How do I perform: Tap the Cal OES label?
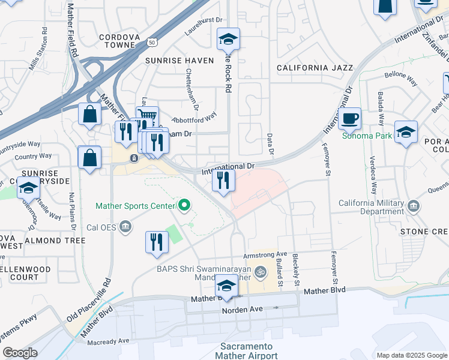coord(100,227)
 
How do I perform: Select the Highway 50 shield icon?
coord(153,43)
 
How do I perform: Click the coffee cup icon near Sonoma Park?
coord(349,118)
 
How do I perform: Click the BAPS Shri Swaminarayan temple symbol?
coord(261,272)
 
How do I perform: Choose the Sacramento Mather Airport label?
coord(246,351)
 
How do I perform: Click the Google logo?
coord(20,353)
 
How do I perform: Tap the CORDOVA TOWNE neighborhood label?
coord(122,41)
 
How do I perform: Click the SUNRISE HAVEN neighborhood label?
coord(179,61)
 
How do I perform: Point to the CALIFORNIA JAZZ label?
coord(315,68)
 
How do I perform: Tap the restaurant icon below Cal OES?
coord(157,242)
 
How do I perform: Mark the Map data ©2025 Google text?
coord(411,355)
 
